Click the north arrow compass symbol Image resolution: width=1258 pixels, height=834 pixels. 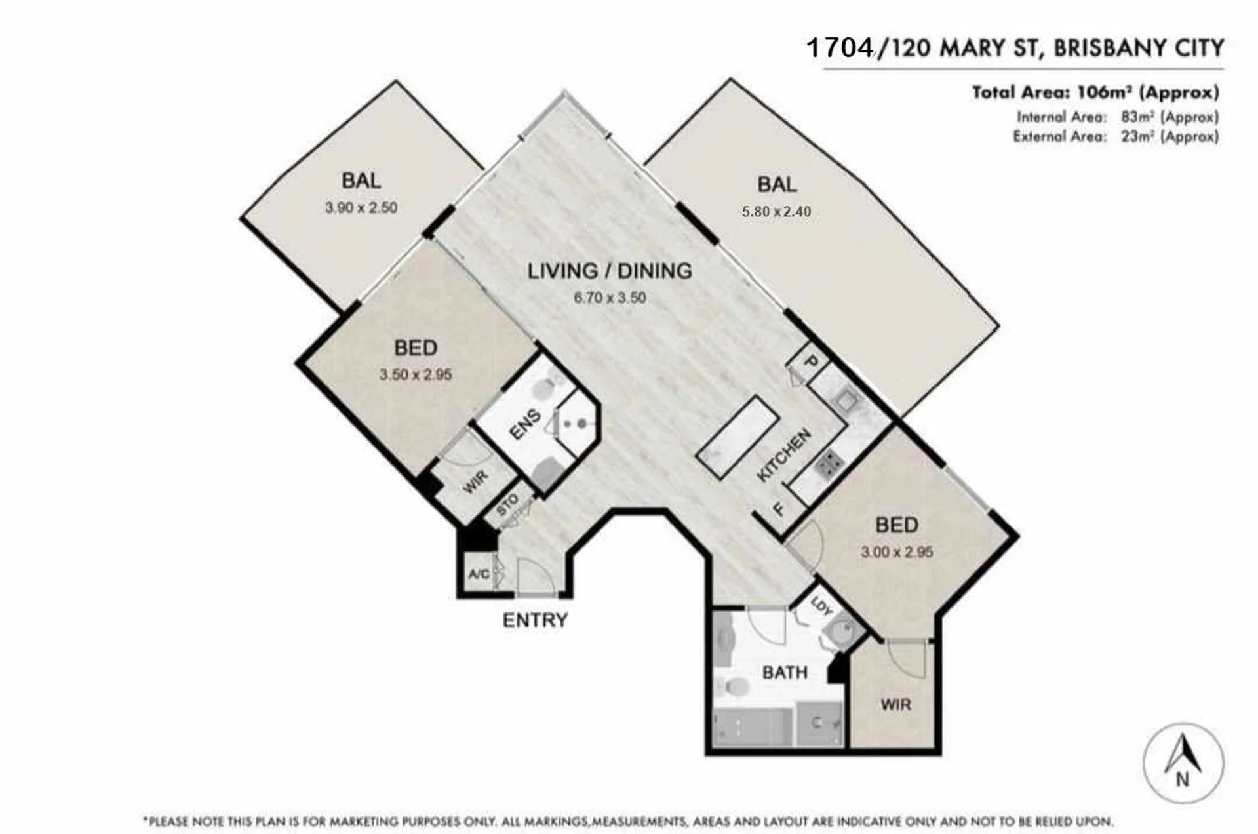[x=1183, y=763]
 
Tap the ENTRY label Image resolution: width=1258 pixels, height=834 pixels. [x=535, y=620]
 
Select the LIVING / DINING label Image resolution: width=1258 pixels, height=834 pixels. [x=610, y=271]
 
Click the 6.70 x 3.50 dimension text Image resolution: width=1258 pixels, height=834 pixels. [x=610, y=298]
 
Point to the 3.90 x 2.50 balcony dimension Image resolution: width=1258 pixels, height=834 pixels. [x=361, y=208]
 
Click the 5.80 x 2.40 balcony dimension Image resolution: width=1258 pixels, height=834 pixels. [x=776, y=212]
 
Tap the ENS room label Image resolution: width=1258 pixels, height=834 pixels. [x=525, y=424]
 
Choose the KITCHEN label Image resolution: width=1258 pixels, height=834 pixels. [x=784, y=455]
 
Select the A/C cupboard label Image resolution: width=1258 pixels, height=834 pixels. [x=479, y=574]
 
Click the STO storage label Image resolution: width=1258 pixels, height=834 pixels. [x=507, y=504]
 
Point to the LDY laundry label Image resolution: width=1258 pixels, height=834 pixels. [x=821, y=606]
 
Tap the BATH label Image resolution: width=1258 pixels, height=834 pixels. [x=785, y=673]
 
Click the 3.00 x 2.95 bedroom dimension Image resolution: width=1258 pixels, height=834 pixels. [x=897, y=552]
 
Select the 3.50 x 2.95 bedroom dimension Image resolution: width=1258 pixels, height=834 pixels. [x=416, y=375]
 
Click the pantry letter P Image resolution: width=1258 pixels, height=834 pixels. [x=811, y=361]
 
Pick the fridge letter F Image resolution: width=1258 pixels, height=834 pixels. [x=779, y=509]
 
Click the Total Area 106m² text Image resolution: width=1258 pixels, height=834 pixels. [x=1095, y=92]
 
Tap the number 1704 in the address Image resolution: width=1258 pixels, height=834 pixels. [x=840, y=48]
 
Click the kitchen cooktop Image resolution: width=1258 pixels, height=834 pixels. [x=829, y=464]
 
